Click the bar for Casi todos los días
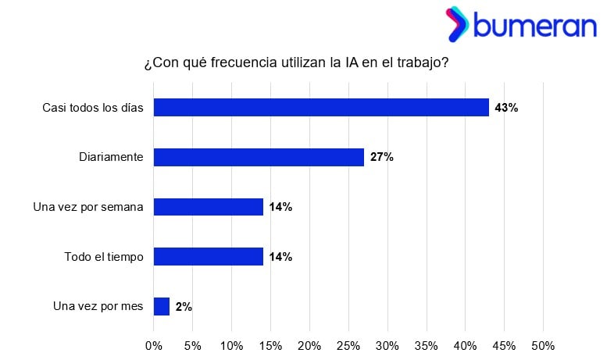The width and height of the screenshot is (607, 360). (x=321, y=107)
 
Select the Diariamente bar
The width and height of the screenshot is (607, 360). (x=259, y=157)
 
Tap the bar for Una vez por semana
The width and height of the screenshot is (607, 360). (x=209, y=207)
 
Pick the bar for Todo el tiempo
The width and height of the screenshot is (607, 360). (x=209, y=256)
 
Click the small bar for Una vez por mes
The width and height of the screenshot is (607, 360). (x=162, y=306)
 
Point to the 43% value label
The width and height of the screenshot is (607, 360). (x=506, y=108)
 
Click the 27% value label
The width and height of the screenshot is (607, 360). (x=382, y=158)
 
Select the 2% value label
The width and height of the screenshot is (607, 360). (x=184, y=307)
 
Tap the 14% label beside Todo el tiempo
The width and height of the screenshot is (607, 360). (x=280, y=257)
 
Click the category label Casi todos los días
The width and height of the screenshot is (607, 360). (x=93, y=108)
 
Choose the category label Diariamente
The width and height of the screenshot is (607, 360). (x=111, y=158)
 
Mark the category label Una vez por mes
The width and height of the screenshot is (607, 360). (x=98, y=307)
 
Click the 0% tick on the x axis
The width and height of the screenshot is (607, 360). (x=154, y=345)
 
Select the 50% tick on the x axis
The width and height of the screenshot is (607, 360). (x=543, y=345)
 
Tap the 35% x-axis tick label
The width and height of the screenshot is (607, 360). (x=427, y=345)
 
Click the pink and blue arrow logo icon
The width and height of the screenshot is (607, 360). (x=457, y=24)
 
